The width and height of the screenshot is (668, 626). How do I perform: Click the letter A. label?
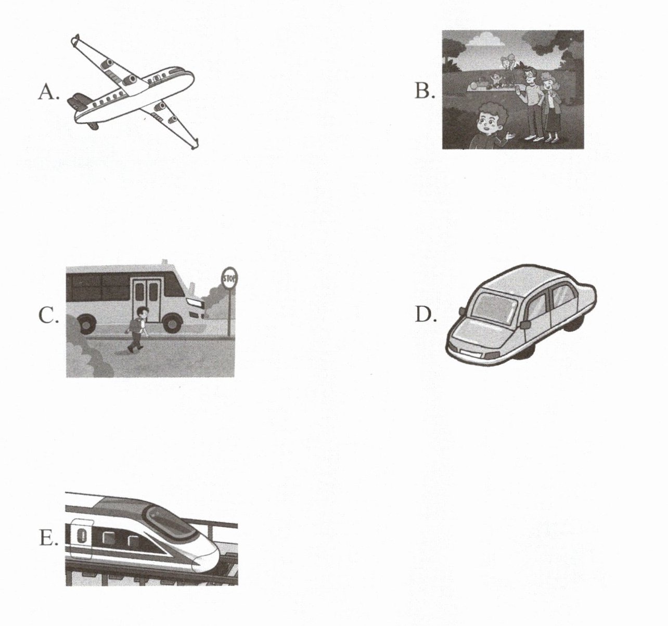[49, 92]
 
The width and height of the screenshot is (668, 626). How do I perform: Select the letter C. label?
[48, 316]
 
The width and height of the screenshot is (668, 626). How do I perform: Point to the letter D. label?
[425, 315]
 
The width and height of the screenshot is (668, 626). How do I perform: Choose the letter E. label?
[48, 538]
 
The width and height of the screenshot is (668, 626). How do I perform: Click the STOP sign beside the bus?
[229, 278]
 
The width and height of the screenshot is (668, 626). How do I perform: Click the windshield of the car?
[494, 308]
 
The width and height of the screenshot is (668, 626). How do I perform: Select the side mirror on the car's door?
[525, 324]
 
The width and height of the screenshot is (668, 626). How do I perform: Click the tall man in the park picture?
[532, 103]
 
